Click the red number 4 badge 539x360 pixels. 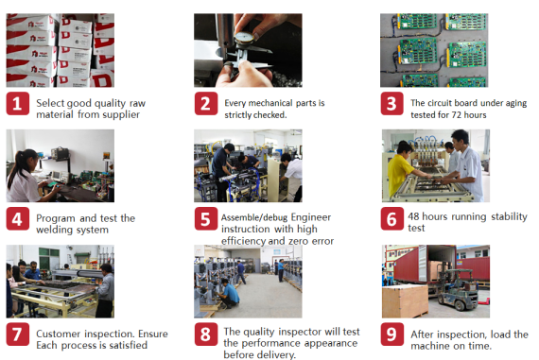tap(17, 219)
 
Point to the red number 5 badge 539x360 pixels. tap(205, 219)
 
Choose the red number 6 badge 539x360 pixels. tap(392, 219)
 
